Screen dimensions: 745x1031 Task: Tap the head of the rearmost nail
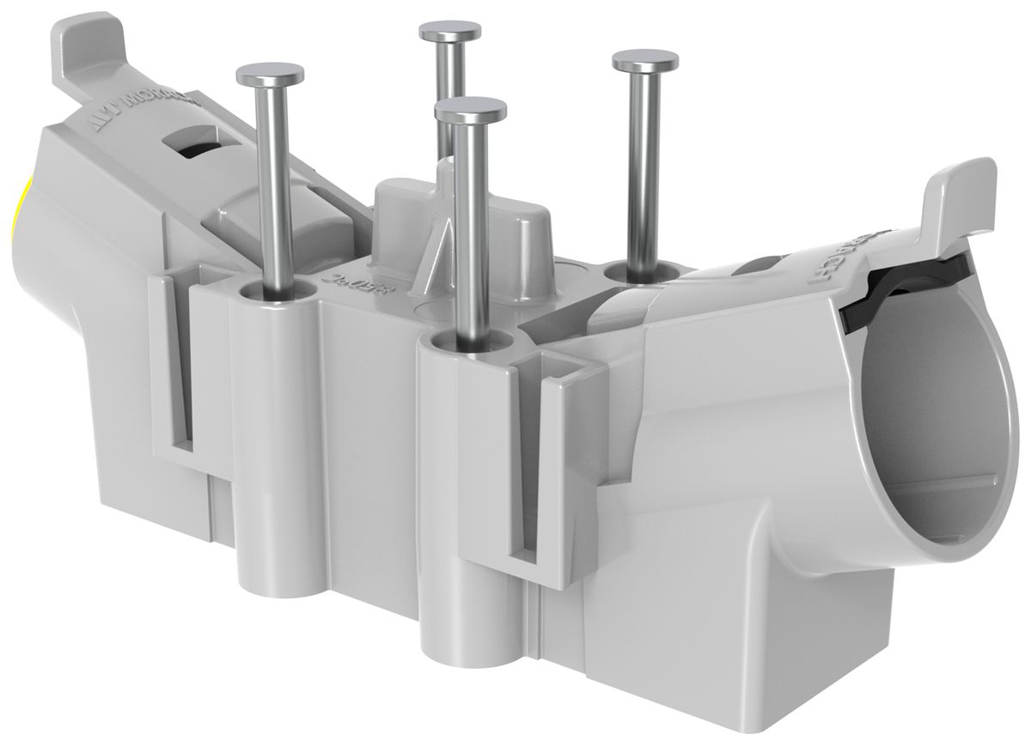click(x=450, y=33)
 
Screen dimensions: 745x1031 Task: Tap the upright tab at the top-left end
click(x=86, y=43)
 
